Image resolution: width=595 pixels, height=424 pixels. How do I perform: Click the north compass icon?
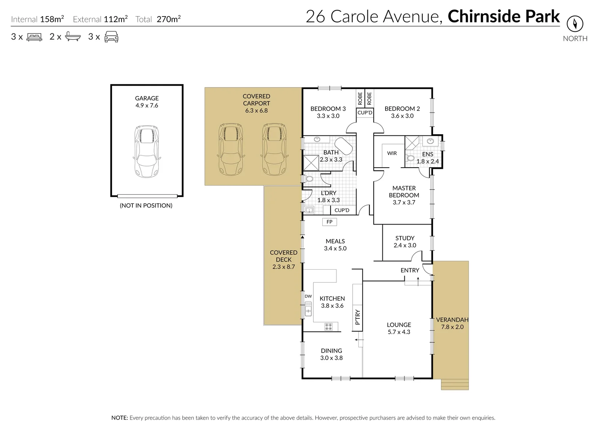pyautogui.click(x=575, y=24)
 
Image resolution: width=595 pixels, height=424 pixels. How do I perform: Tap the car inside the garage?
pyautogui.click(x=147, y=151)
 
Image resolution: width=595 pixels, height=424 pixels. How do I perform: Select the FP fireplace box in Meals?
pyautogui.click(x=329, y=222)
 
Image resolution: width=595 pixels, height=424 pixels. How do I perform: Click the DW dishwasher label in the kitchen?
pyautogui.click(x=308, y=296)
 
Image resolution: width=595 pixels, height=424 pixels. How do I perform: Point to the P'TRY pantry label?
pyautogui.click(x=357, y=318)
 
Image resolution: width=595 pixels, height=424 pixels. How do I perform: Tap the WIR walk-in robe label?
pyautogui.click(x=392, y=153)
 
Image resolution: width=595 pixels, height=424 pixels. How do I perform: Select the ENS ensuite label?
pyautogui.click(x=428, y=154)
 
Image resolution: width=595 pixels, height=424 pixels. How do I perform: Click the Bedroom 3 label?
pyautogui.click(x=328, y=109)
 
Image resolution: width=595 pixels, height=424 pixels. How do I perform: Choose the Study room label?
pyautogui.click(x=405, y=238)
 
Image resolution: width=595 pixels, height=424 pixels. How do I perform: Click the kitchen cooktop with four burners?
pyautogui.click(x=329, y=326)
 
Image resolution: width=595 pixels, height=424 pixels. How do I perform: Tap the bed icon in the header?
pyautogui.click(x=34, y=37)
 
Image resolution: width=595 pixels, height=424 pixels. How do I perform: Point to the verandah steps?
pyautogui.click(x=455, y=384)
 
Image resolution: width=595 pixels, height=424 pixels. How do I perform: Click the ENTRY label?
pyautogui.click(x=410, y=270)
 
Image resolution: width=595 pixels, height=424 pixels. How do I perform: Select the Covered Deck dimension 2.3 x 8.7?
pyautogui.click(x=283, y=267)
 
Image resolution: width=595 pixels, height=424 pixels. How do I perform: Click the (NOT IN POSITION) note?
pyautogui.click(x=146, y=205)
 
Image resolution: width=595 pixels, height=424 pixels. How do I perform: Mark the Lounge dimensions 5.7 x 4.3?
pyautogui.click(x=399, y=332)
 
